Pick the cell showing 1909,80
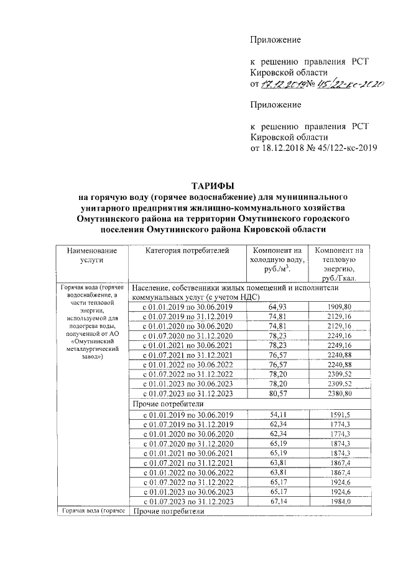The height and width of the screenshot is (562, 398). click(x=339, y=307)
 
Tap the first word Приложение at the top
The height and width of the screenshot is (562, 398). click(x=275, y=40)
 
